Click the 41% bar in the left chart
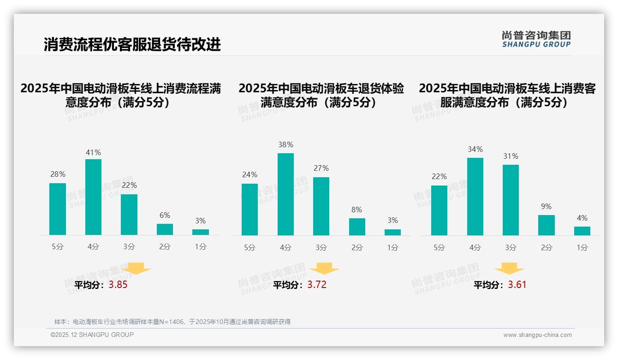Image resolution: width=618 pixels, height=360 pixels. click(x=93, y=197)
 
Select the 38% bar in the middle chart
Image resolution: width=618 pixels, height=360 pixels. click(x=285, y=194)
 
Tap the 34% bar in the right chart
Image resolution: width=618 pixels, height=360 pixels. click(x=475, y=197)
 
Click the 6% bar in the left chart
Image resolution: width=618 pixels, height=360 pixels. click(x=165, y=229)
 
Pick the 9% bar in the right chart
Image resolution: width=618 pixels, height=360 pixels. click(x=547, y=225)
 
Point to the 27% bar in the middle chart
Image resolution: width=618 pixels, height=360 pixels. click(x=321, y=206)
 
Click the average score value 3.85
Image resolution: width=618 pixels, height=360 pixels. click(x=118, y=285)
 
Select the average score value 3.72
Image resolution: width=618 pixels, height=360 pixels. click(x=317, y=285)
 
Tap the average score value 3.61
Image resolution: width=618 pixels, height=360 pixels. click(x=517, y=285)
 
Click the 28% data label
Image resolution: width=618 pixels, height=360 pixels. click(x=58, y=174)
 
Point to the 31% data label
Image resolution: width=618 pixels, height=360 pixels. click(x=511, y=156)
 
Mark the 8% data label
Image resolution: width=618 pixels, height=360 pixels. click(x=357, y=210)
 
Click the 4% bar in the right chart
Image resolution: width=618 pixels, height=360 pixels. click(x=582, y=231)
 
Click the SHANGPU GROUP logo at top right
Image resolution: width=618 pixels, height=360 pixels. click(x=536, y=39)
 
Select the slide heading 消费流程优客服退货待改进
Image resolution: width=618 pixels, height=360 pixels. click(x=132, y=44)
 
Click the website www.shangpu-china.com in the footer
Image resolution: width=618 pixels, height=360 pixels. click(x=537, y=335)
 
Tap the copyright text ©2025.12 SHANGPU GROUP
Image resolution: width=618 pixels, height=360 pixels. click(x=92, y=335)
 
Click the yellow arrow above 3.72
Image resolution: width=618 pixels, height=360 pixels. click(x=324, y=269)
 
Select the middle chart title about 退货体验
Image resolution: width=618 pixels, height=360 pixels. click(x=321, y=95)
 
